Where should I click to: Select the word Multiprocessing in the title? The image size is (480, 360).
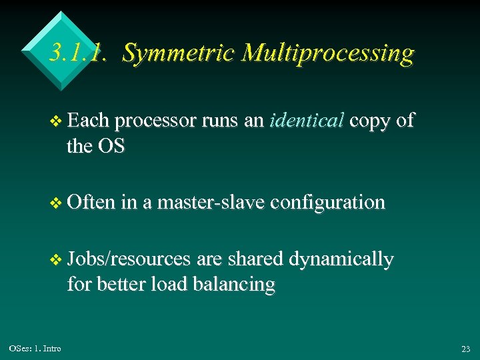(327, 53)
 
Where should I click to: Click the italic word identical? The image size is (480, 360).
(306, 121)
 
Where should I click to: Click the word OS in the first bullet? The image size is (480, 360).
(111, 145)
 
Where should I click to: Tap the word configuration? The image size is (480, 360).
(328, 202)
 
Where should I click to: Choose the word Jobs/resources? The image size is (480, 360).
(129, 259)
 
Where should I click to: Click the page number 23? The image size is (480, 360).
(465, 349)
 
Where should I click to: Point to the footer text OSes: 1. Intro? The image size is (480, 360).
(35, 349)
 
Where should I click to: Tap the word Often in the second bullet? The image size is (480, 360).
(91, 201)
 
